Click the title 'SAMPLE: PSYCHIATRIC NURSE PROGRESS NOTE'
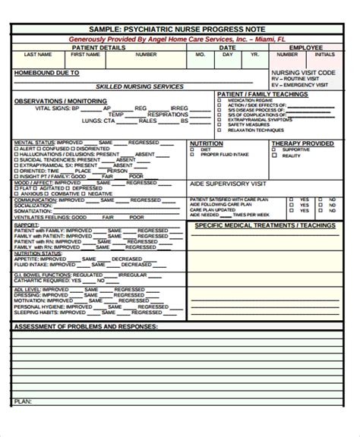179,29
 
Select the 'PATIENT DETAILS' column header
97,47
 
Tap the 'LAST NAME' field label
37,55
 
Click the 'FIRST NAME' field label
84,55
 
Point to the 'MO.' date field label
201,55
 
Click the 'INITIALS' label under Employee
324,55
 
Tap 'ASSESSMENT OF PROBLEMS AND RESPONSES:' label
86,326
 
